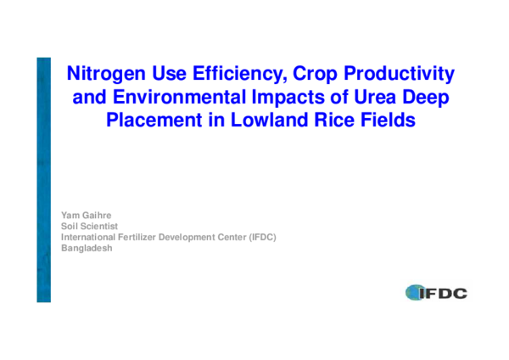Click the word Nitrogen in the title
(x=104, y=74)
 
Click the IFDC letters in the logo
(x=445, y=294)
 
